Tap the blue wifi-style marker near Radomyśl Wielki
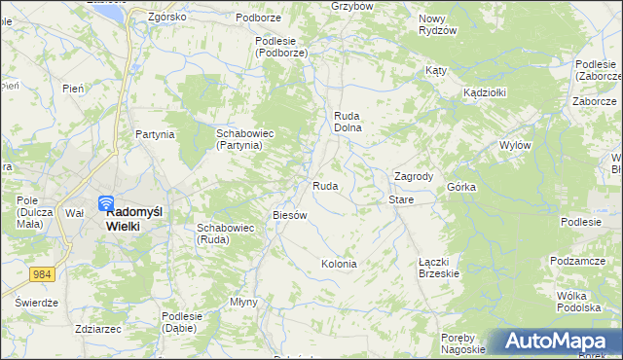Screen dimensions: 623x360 click(x=106, y=204)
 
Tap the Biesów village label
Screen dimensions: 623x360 click(x=290, y=214)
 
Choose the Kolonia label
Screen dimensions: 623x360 click(x=339, y=264)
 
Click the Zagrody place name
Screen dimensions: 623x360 click(x=413, y=176)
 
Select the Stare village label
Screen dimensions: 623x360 click(x=401, y=199)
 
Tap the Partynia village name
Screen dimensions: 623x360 click(x=155, y=134)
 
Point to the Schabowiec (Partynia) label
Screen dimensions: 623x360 click(x=239, y=138)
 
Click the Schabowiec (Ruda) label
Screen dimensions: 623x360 click(x=226, y=234)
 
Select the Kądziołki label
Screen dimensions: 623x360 click(x=483, y=91)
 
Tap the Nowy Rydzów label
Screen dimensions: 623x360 click(x=437, y=24)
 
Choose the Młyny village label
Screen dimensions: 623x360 click(x=243, y=302)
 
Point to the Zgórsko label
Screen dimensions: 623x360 click(x=166, y=17)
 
